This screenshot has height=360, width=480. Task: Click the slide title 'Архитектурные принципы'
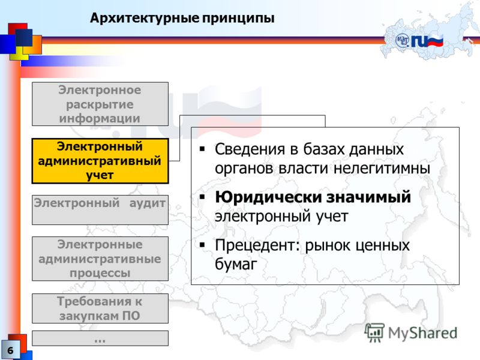(x=182, y=19)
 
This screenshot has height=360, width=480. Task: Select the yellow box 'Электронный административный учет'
(x=100, y=161)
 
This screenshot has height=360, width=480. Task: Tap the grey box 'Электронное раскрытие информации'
(x=100, y=104)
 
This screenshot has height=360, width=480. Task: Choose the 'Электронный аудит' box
(x=100, y=209)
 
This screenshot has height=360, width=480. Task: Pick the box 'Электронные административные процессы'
(x=100, y=259)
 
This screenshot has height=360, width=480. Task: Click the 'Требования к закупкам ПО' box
(x=100, y=308)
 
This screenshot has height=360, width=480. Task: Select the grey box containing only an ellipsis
(x=100, y=338)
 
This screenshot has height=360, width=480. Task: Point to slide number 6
(x=10, y=350)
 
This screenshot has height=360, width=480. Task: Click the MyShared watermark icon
(x=374, y=332)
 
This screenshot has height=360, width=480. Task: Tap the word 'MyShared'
(x=422, y=333)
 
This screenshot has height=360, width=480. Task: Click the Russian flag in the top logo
(x=435, y=41)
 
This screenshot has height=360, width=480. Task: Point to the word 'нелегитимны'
(x=382, y=169)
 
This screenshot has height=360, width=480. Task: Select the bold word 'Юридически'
(x=268, y=197)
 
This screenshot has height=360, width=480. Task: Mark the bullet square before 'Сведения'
(x=202, y=149)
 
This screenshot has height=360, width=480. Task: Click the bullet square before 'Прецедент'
(x=202, y=245)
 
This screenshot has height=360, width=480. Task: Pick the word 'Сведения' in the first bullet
(x=250, y=149)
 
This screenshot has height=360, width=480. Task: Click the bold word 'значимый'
(x=368, y=197)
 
